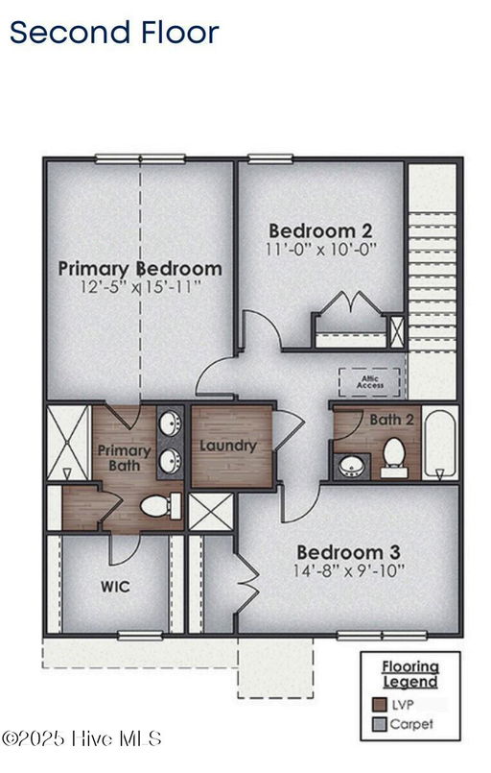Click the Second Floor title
114,32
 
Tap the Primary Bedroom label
140,269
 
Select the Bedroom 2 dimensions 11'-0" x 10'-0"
320,248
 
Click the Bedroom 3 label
348,553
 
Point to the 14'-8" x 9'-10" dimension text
349,570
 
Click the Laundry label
227,446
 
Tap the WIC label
115,586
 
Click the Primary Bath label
124,458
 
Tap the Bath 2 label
391,420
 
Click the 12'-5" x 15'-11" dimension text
140,287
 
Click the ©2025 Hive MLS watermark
82,737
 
